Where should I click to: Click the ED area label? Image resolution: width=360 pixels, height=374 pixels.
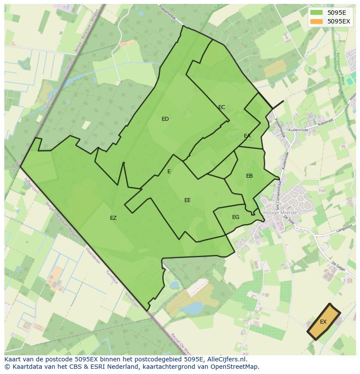coord(165,119)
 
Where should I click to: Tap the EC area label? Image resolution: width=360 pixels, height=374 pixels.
coord(222,107)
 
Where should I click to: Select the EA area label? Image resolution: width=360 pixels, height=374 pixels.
coord(247,136)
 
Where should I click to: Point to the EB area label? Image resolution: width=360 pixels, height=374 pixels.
coord(249,176)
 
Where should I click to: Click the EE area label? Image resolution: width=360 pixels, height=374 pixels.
coord(187,200)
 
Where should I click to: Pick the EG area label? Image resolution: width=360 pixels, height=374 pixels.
coord(236,217)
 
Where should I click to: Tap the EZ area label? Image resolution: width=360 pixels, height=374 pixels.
coord(113,218)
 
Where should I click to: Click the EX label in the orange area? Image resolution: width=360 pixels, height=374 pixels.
coord(323,322)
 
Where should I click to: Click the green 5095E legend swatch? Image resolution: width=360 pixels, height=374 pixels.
coord(317,13)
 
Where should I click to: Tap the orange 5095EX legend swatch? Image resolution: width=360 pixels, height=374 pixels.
coord(317,21)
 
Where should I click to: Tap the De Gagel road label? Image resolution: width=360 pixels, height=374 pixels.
coord(338,266)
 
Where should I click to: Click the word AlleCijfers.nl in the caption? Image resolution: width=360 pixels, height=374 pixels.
coord(226,359)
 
